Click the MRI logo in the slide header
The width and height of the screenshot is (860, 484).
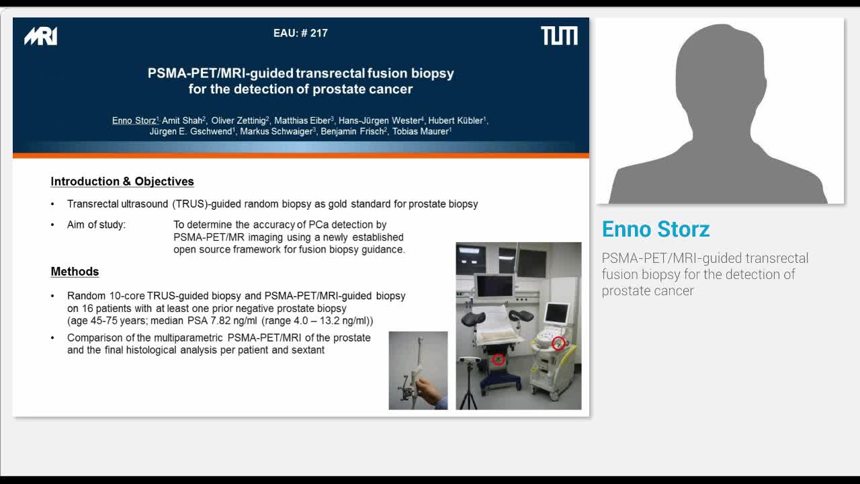(40, 36)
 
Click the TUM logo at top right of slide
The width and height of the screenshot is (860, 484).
(559, 36)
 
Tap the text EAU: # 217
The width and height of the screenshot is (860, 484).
(300, 33)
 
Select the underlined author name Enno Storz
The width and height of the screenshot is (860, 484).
(134, 121)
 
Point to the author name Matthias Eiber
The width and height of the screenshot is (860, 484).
(302, 121)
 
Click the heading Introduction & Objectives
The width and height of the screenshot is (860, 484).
(122, 182)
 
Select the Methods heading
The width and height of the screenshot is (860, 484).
(75, 272)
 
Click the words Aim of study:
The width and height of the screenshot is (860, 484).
(96, 225)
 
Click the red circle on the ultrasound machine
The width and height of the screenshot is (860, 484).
(558, 344)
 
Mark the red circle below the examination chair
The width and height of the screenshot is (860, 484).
(498, 360)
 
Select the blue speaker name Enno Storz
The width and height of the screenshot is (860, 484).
(656, 229)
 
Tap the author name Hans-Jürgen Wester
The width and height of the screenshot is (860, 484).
(379, 121)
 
